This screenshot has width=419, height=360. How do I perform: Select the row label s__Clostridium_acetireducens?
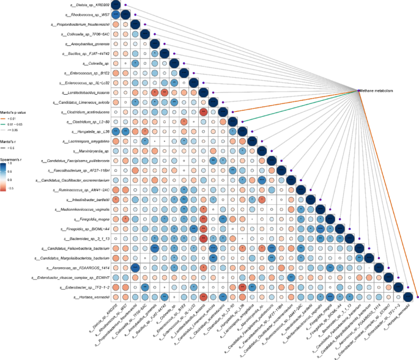pos(83,112)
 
